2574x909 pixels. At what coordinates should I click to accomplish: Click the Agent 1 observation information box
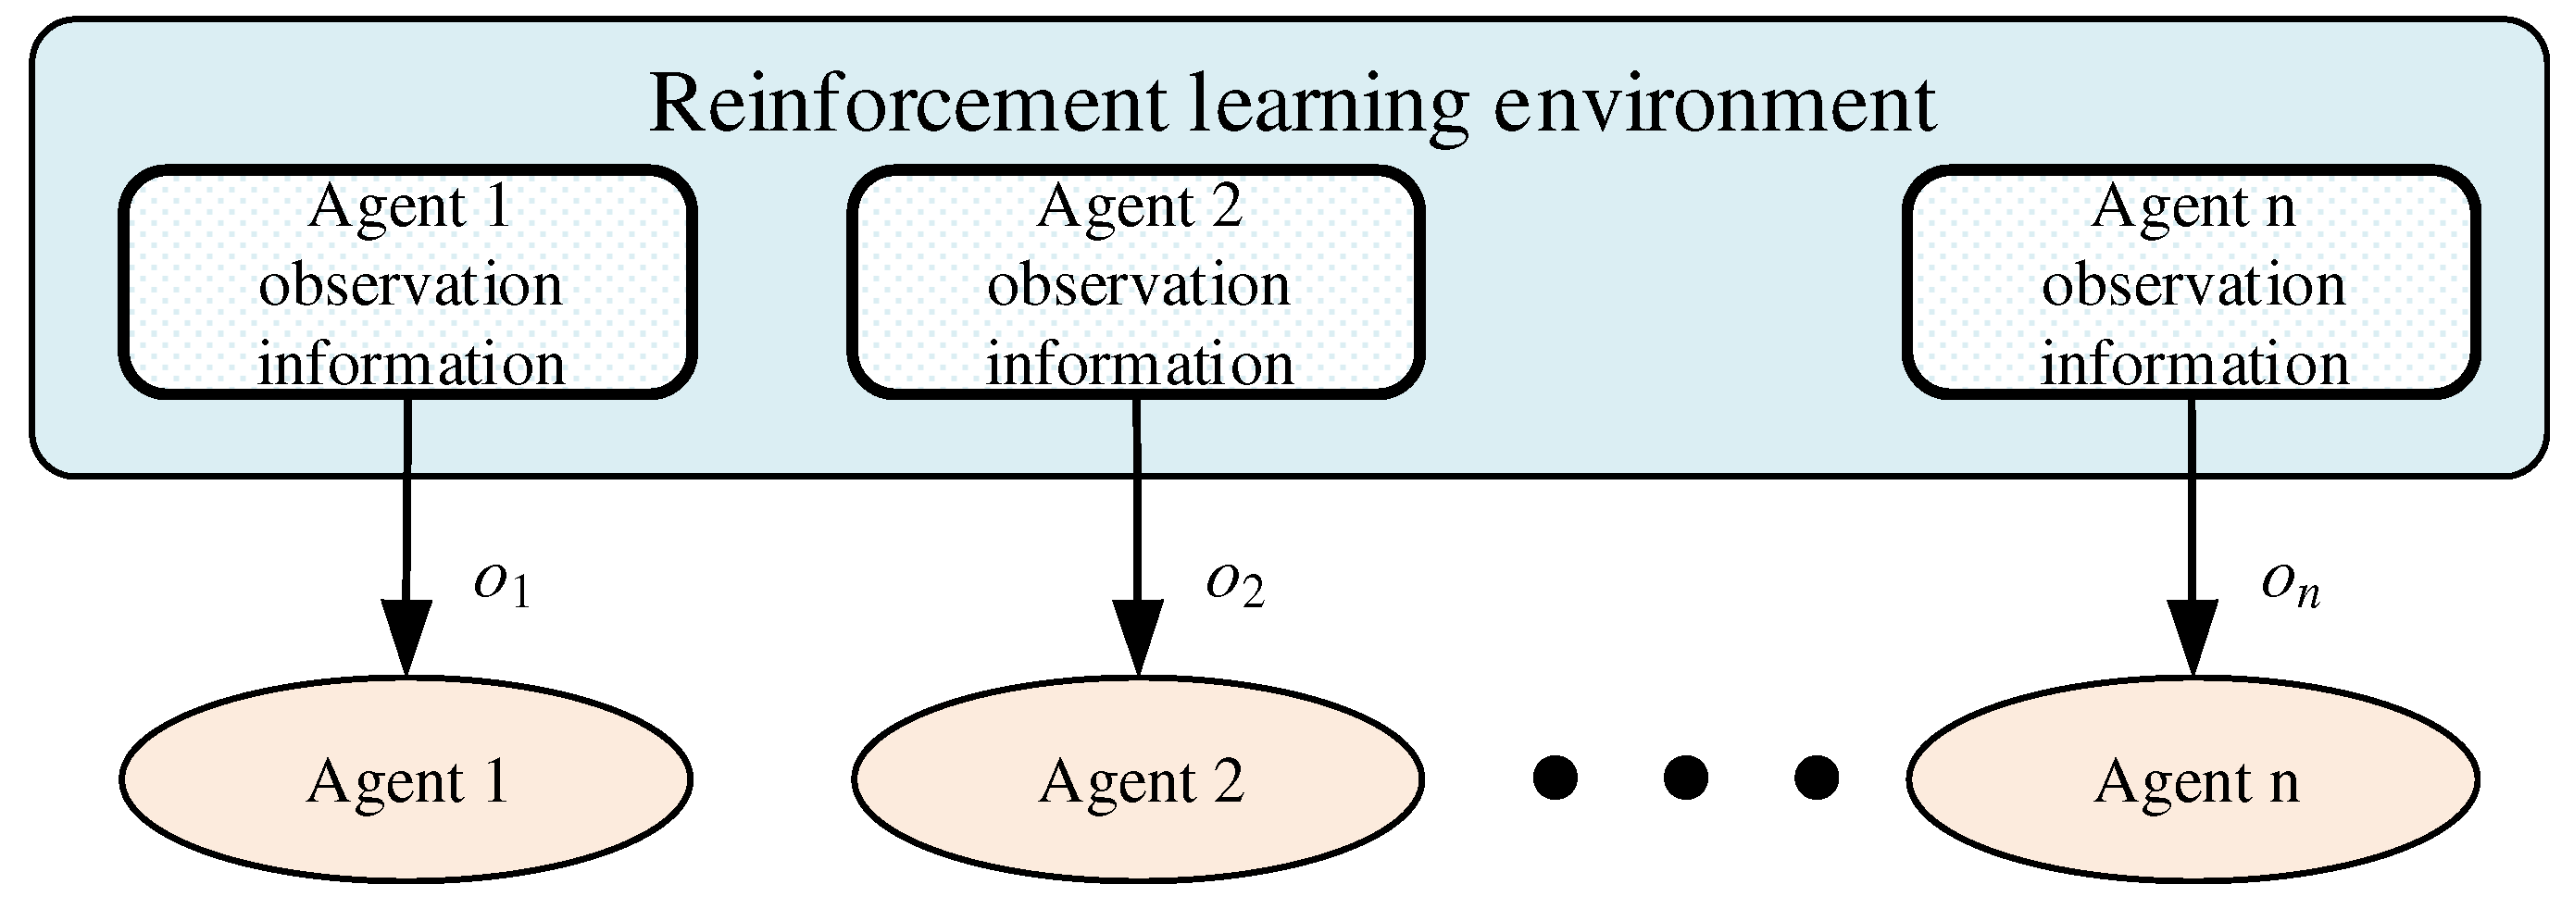[408, 282]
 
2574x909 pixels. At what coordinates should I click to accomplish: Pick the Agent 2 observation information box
[1137, 282]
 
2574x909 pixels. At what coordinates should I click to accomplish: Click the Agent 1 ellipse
[406, 779]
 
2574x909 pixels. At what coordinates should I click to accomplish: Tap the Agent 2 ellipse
[1138, 779]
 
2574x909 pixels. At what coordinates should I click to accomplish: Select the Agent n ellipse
[2193, 779]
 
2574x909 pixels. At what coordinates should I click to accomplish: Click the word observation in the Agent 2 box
[1138, 286]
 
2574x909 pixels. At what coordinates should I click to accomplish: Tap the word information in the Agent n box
[2194, 364]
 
